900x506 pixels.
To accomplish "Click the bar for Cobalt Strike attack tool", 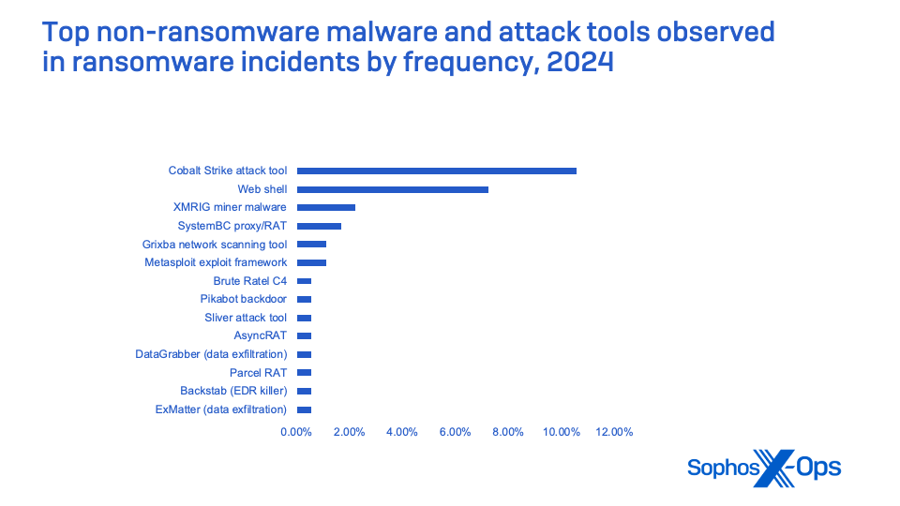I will click(436, 171).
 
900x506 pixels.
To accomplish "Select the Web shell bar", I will click(392, 189).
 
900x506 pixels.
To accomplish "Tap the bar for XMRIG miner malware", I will click(325, 207).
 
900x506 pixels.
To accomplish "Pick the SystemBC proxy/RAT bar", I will click(319, 226).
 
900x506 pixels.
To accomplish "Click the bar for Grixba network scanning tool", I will click(311, 244).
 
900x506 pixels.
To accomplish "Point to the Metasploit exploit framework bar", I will click(311, 262).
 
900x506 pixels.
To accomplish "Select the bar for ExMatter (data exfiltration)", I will click(304, 409).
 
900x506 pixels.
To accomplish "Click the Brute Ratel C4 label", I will click(250, 281).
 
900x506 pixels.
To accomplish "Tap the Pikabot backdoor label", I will click(244, 299).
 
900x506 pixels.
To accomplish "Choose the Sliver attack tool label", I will click(246, 318).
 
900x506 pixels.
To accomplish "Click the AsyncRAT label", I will click(261, 335).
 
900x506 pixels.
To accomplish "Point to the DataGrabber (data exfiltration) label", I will click(211, 354).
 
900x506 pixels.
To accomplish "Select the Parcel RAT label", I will click(258, 373).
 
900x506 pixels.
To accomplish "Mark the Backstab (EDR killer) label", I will click(233, 391).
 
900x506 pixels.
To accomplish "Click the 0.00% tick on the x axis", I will click(296, 432).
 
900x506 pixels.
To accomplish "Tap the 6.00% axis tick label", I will click(456, 432).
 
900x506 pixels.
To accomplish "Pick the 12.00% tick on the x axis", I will click(615, 432).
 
